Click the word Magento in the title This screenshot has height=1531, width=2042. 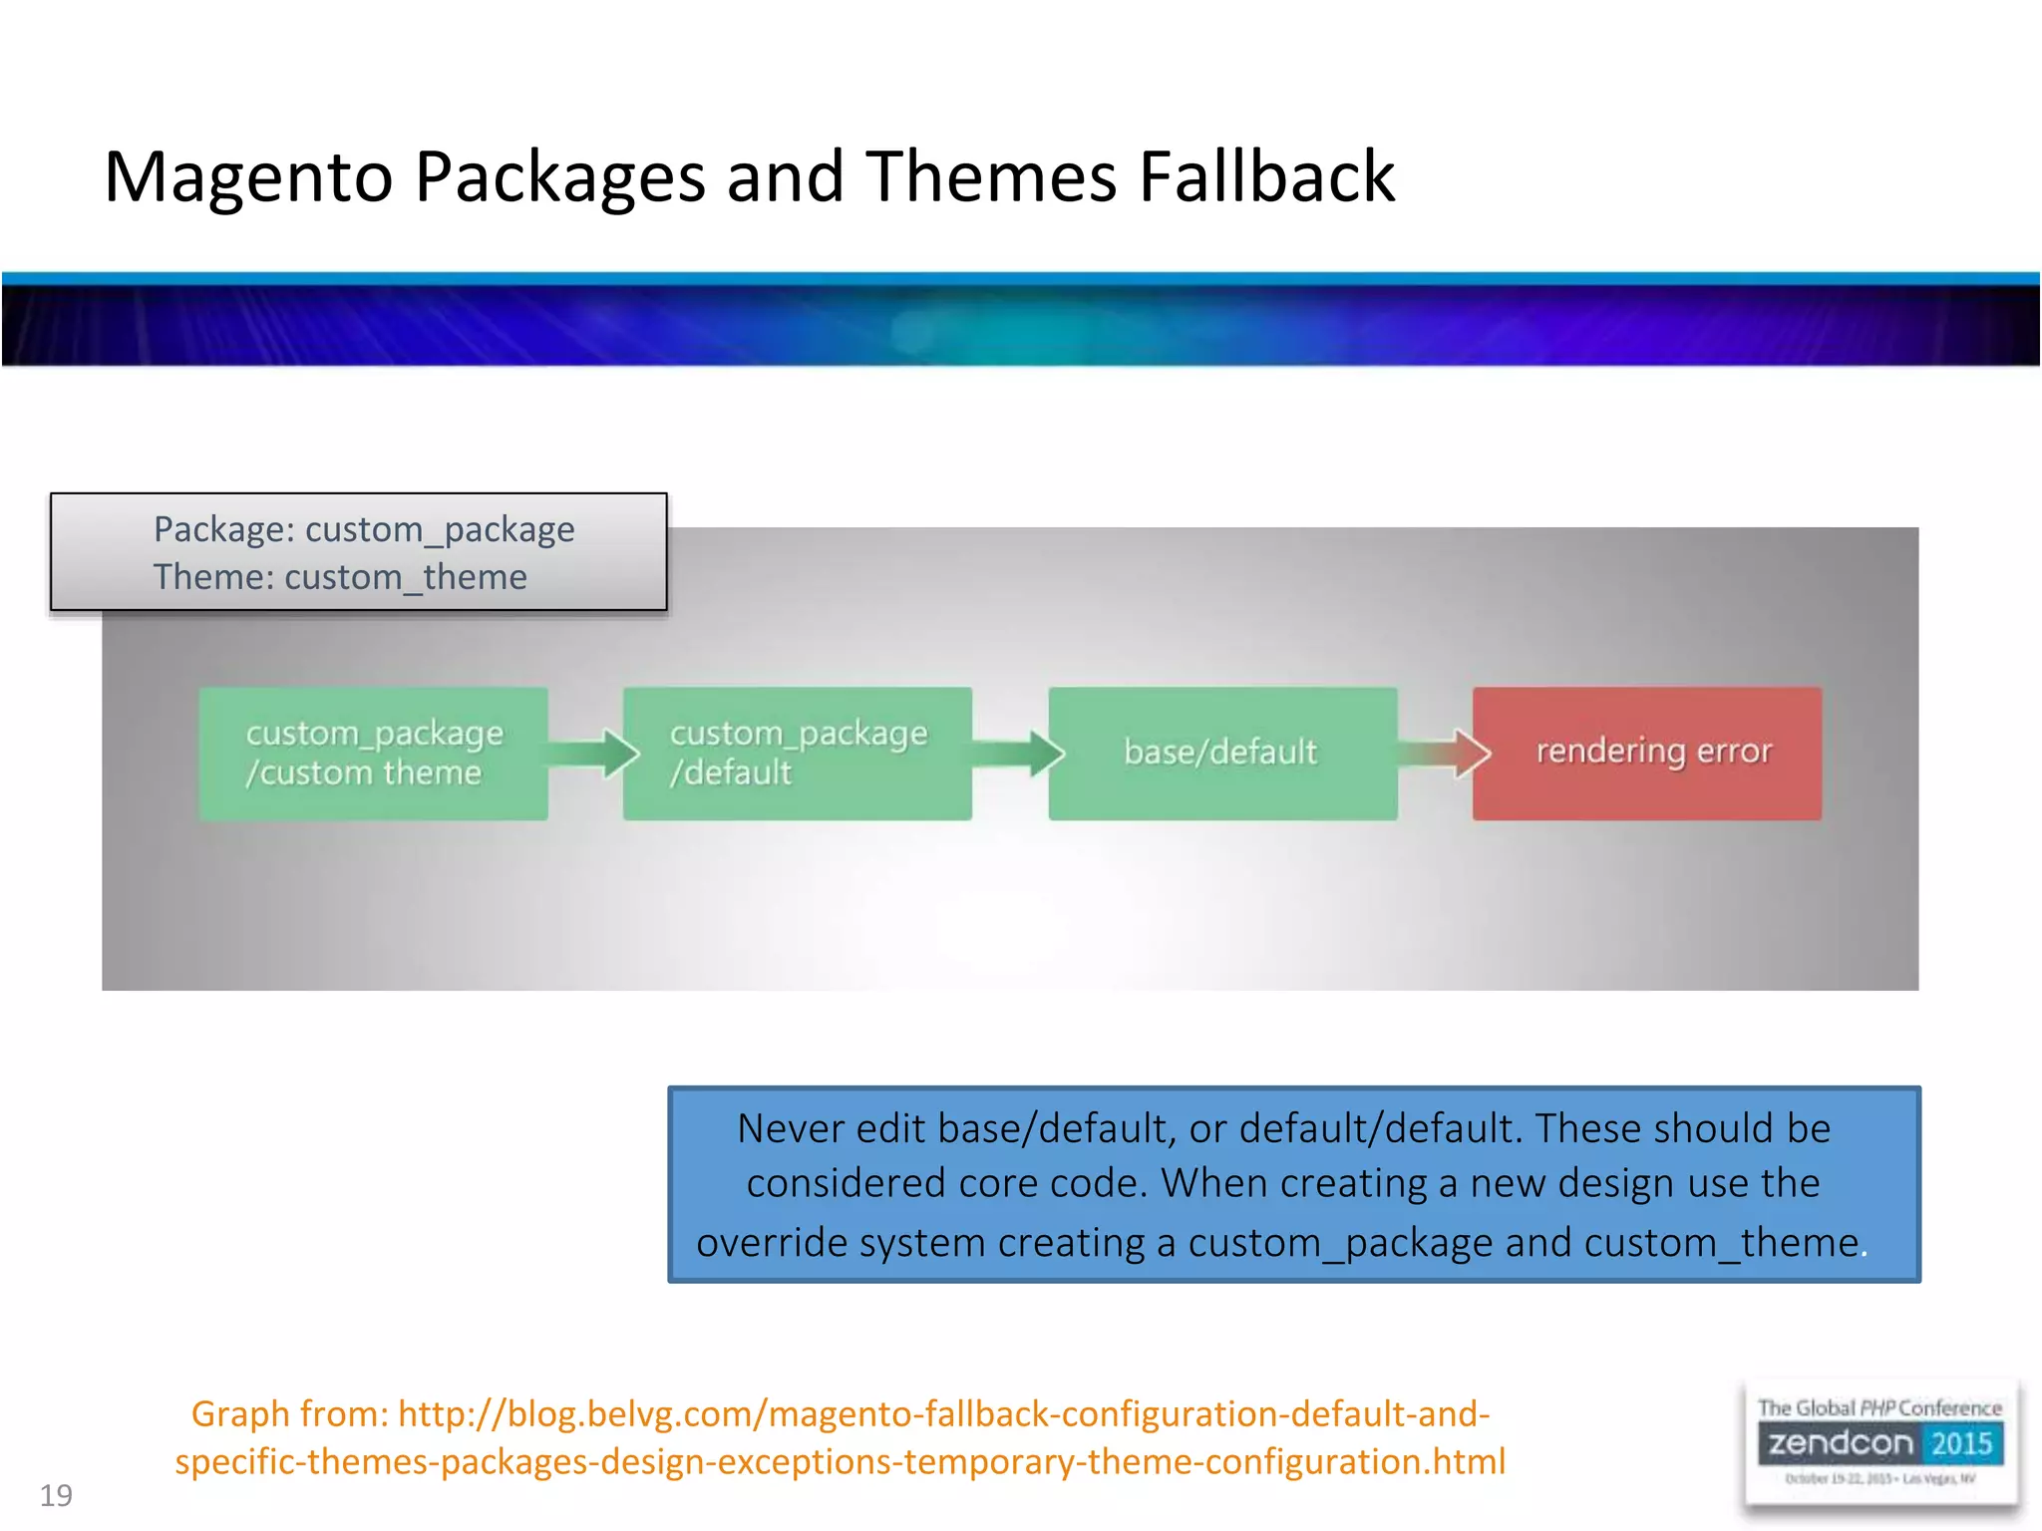pos(248,177)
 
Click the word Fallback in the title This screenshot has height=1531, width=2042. pos(1266,177)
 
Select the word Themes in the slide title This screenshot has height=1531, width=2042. pos(991,177)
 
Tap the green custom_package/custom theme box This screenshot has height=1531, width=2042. pos(373,754)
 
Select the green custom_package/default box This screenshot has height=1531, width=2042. pos(797,754)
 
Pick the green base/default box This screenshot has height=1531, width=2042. pos(1221,754)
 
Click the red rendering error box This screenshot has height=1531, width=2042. pos(1646,754)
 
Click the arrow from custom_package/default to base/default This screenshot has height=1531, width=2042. pos(1019,753)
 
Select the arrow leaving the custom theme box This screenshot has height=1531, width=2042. pos(594,753)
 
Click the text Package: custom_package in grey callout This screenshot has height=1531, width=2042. pos(364,529)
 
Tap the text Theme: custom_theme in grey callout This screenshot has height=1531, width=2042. pos(340,577)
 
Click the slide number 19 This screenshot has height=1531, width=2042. pos(56,1495)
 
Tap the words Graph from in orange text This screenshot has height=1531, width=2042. pos(289,1413)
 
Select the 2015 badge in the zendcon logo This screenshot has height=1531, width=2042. pos(1960,1443)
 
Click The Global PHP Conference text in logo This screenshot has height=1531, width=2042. pos(1878,1407)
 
